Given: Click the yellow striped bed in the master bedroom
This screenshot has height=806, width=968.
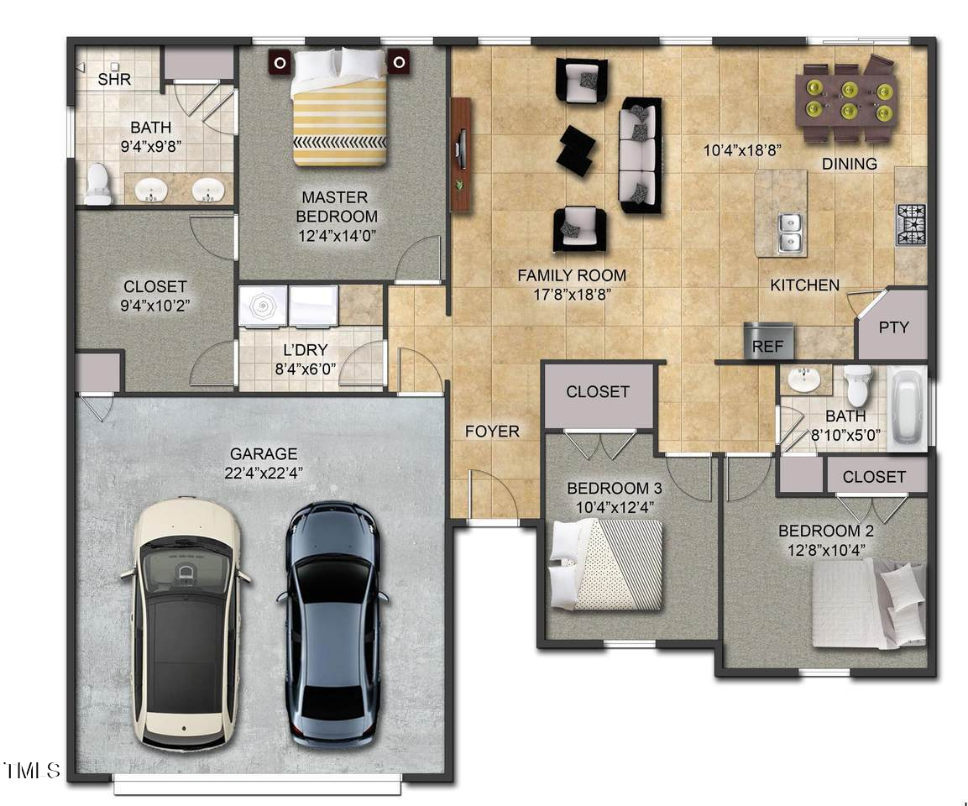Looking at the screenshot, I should click(x=340, y=109).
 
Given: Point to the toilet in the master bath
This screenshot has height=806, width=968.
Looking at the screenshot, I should click(x=97, y=185).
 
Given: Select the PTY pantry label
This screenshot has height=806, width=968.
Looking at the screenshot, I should click(x=893, y=327).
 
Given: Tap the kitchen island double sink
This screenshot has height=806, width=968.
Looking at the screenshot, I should click(x=788, y=233).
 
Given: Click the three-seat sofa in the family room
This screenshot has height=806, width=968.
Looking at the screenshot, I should click(x=640, y=155).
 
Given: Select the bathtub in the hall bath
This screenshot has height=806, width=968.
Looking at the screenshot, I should click(x=908, y=407).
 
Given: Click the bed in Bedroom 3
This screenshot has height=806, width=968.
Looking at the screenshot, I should click(x=606, y=563).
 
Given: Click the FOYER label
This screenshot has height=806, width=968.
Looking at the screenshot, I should click(x=492, y=432).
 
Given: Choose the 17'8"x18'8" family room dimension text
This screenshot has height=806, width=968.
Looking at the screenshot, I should click(x=572, y=295).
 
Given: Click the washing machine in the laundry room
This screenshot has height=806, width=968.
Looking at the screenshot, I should click(x=262, y=306).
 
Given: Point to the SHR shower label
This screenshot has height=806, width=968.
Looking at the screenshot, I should click(x=114, y=80).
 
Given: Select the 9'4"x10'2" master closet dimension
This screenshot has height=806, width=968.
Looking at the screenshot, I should click(x=154, y=305).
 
